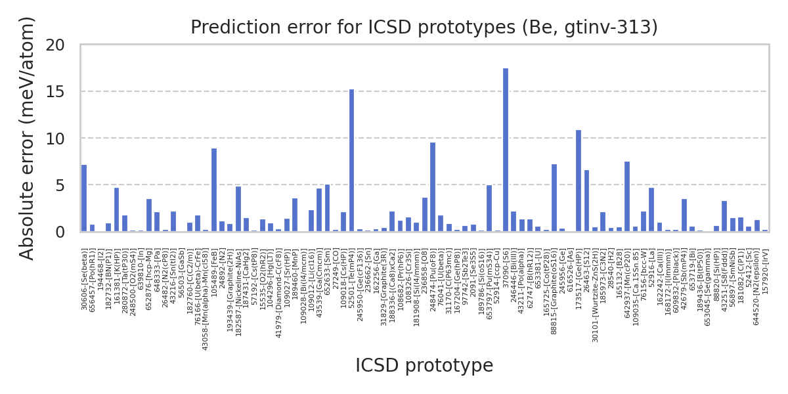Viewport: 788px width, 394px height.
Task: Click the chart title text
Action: tap(424, 28)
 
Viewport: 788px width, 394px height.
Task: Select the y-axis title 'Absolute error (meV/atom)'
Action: tap(27, 139)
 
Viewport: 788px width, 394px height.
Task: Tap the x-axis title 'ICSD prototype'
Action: tap(424, 366)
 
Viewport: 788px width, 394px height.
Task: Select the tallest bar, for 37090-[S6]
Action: tap(506, 150)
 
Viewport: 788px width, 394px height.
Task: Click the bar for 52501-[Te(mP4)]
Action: tap(351, 161)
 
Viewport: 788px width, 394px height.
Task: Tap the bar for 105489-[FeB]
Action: tap(214, 190)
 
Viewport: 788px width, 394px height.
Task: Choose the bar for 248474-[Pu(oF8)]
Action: tap(433, 187)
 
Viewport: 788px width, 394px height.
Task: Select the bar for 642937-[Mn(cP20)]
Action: tap(627, 197)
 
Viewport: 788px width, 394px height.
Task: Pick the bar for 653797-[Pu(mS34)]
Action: tap(489, 209)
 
